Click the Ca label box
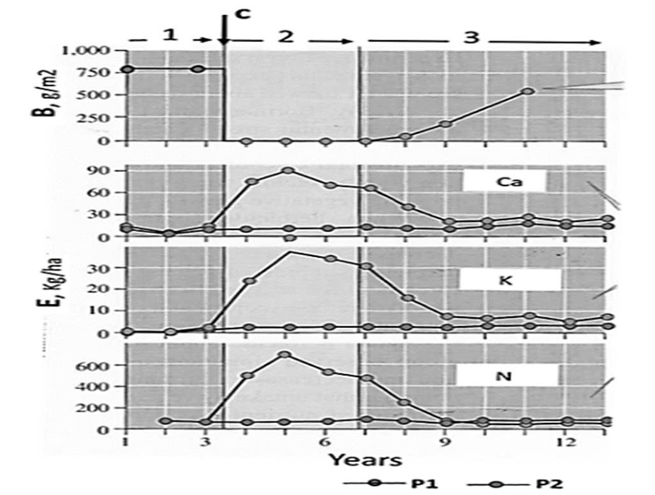504,181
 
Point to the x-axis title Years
365,459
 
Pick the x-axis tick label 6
325,443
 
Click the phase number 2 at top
285,36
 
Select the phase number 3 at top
471,37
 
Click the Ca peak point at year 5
288,171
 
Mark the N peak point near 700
286,355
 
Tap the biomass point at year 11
527,91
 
